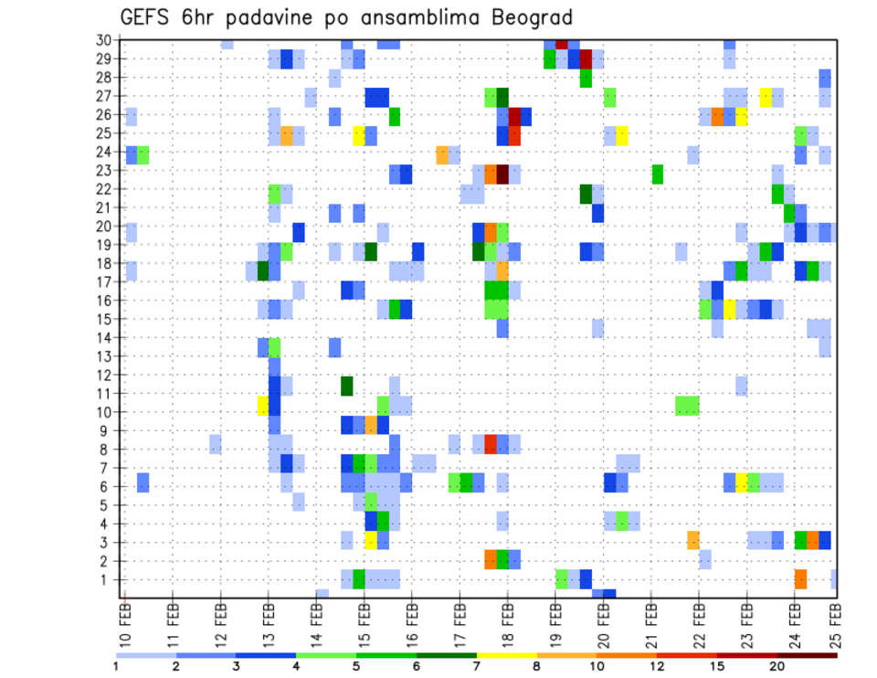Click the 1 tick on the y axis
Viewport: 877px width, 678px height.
point(106,579)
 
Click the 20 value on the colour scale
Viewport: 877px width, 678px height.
point(778,666)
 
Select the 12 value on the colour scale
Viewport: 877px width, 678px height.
point(658,666)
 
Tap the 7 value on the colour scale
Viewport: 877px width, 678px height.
point(478,666)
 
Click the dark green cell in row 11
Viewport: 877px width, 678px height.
point(347,386)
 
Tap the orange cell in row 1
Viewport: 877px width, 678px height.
point(801,579)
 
